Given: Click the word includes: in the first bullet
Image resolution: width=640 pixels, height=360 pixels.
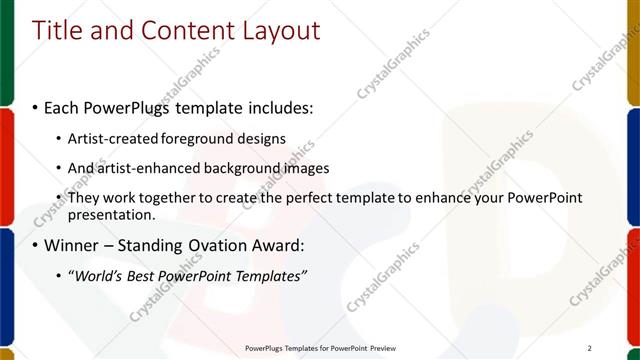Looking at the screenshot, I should (279, 106).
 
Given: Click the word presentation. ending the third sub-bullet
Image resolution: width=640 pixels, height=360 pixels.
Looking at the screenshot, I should (111, 214).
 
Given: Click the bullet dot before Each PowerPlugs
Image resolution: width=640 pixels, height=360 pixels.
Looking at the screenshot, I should (36, 106).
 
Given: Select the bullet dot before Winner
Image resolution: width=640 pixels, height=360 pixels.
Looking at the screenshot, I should (36, 244).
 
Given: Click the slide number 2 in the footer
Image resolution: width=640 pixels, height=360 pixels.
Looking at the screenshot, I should (590, 347).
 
